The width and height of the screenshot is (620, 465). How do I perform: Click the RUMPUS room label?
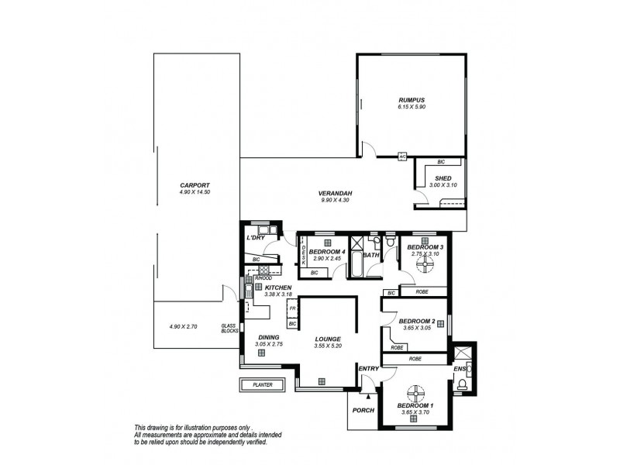(x=412, y=100)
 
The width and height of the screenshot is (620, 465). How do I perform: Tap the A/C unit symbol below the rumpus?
(x=402, y=156)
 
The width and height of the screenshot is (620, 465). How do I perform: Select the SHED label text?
(x=443, y=177)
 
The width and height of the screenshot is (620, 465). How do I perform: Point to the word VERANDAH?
(x=336, y=193)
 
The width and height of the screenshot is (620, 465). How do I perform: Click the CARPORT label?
(x=194, y=184)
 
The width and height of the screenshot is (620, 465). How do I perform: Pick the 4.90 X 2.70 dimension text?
(x=183, y=326)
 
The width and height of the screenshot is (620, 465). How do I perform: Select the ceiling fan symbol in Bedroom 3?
(x=424, y=265)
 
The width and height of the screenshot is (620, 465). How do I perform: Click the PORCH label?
(x=363, y=410)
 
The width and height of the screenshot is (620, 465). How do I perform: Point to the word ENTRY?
(x=367, y=369)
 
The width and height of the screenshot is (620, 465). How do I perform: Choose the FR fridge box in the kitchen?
(x=292, y=308)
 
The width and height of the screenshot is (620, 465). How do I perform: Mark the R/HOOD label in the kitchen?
(x=252, y=277)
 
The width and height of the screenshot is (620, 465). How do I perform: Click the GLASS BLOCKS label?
(x=229, y=329)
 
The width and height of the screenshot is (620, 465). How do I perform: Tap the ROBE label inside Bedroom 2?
(x=397, y=348)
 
